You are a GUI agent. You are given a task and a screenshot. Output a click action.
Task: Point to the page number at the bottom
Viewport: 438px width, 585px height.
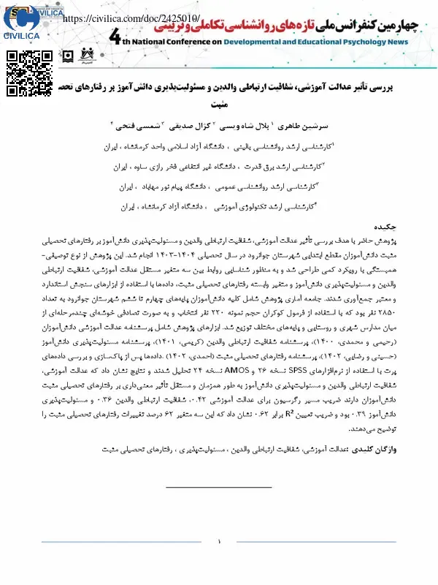(x=219, y=542)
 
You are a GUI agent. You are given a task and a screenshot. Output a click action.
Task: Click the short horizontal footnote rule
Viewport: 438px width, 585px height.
(x=218, y=486)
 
